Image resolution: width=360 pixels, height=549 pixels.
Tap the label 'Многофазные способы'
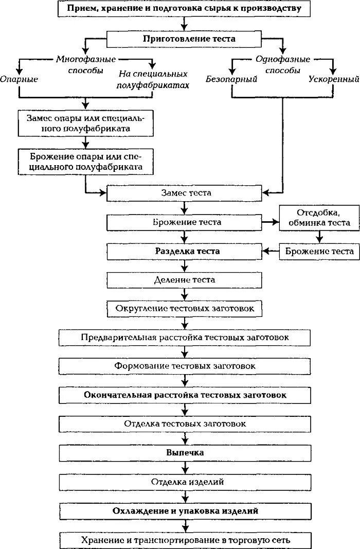86,65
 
